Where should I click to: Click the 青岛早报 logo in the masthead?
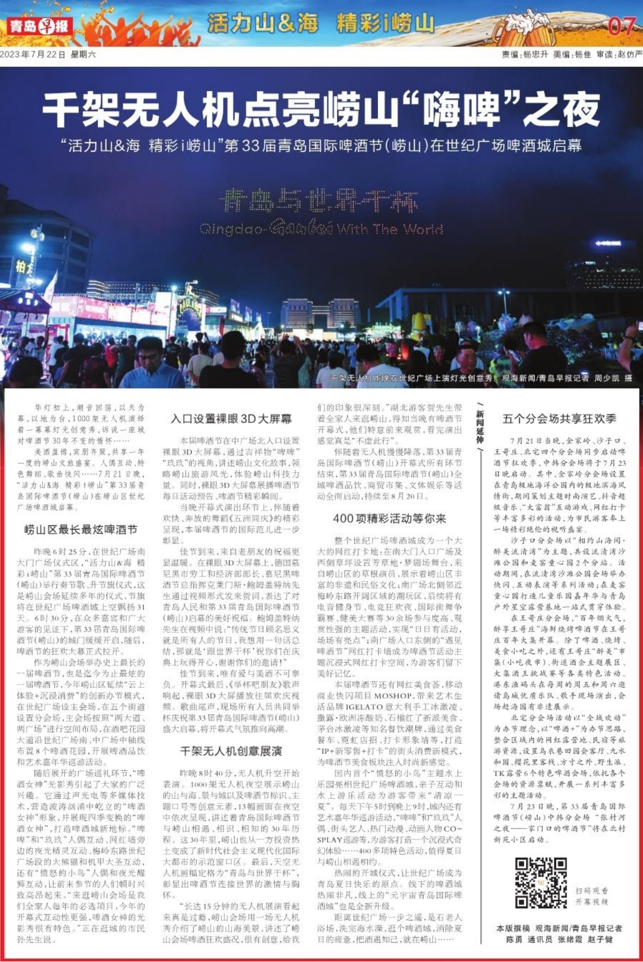[39, 26]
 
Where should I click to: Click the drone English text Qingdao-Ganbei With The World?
[321, 229]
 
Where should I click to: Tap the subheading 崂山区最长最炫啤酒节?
[81, 529]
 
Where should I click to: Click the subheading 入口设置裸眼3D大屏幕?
[231, 419]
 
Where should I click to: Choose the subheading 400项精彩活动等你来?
[390, 518]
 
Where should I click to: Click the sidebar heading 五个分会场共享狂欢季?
[559, 419]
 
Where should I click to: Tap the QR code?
[541, 883]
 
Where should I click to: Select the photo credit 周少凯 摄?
[613, 378]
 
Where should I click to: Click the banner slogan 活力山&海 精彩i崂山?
[321, 23]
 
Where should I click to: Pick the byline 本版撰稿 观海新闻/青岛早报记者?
[559, 928]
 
